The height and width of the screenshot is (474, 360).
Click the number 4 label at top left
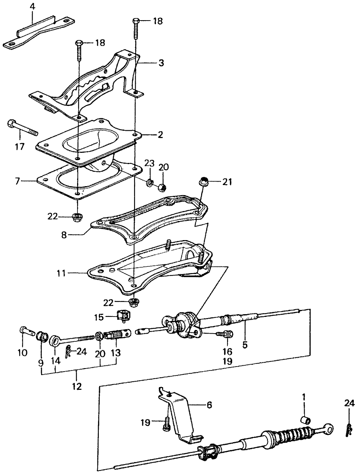pyautogui.click(x=33, y=7)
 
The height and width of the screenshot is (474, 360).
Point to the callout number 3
pyautogui.click(x=150, y=62)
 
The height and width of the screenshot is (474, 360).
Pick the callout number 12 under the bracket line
pyautogui.click(x=77, y=386)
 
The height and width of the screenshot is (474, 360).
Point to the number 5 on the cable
pyautogui.click(x=245, y=344)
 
